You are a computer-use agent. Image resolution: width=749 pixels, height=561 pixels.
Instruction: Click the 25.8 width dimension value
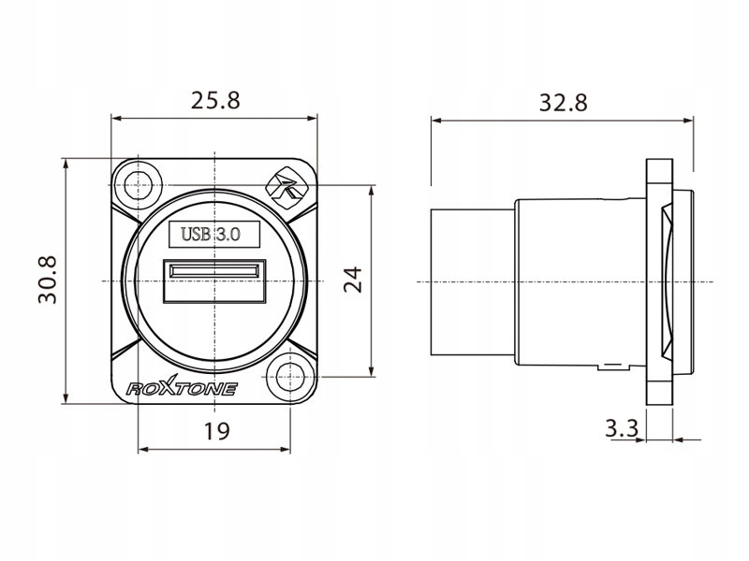coord(215,101)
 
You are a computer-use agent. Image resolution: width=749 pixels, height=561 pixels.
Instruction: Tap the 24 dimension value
coord(353,279)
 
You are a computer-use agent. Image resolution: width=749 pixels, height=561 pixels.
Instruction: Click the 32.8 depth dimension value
coord(563,103)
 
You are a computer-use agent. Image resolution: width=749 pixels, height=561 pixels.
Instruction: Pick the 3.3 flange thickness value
coord(621,429)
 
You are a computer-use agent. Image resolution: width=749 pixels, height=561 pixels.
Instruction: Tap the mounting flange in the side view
coord(660,280)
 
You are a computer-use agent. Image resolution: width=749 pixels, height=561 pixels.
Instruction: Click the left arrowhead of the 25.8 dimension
coord(115,118)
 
